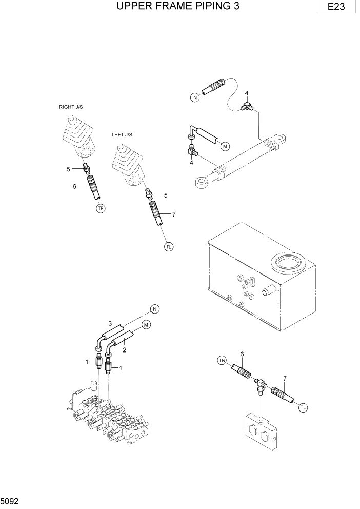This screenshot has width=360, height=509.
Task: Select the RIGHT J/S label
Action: [x=71, y=107]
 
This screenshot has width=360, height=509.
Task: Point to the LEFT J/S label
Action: [x=122, y=135]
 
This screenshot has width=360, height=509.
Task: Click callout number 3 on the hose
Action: [x=110, y=323]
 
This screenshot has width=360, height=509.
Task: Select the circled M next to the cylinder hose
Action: [x=225, y=146]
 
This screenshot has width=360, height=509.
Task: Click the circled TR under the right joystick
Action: [x=101, y=208]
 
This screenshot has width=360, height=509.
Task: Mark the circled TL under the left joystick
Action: [x=169, y=247]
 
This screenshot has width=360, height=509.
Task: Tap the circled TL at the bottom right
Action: [x=303, y=407]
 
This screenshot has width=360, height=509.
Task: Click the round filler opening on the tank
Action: [x=288, y=265]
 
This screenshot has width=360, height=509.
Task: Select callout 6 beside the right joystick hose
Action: [x=74, y=187]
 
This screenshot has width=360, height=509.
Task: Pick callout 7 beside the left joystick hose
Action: [x=174, y=214]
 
